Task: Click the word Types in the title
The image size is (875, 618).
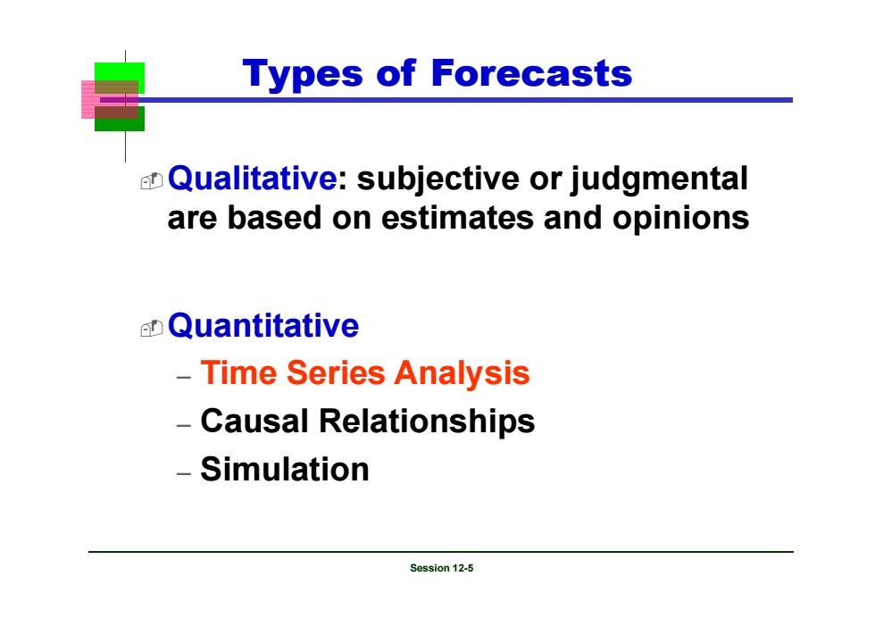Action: [303, 74]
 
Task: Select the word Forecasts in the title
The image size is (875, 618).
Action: [531, 73]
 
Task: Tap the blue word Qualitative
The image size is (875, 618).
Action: [252, 178]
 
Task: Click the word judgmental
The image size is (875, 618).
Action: [659, 180]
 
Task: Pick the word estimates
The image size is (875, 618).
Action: [457, 218]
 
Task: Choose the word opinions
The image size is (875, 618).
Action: [680, 219]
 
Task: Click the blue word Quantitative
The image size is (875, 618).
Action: [263, 325]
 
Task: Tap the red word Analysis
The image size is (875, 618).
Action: [462, 373]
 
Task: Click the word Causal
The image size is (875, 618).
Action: [254, 421]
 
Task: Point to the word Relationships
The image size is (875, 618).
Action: [427, 422]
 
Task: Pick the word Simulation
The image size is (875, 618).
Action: [285, 469]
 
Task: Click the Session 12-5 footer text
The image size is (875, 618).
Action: [441, 568]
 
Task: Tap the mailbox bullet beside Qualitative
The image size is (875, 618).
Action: [151, 181]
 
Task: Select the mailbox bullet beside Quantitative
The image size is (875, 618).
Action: [151, 329]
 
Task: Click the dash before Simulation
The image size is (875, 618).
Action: [184, 473]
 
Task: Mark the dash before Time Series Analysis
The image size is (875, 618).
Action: [184, 378]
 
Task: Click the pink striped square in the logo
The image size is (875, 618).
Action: [89, 99]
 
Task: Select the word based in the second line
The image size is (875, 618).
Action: [275, 218]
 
